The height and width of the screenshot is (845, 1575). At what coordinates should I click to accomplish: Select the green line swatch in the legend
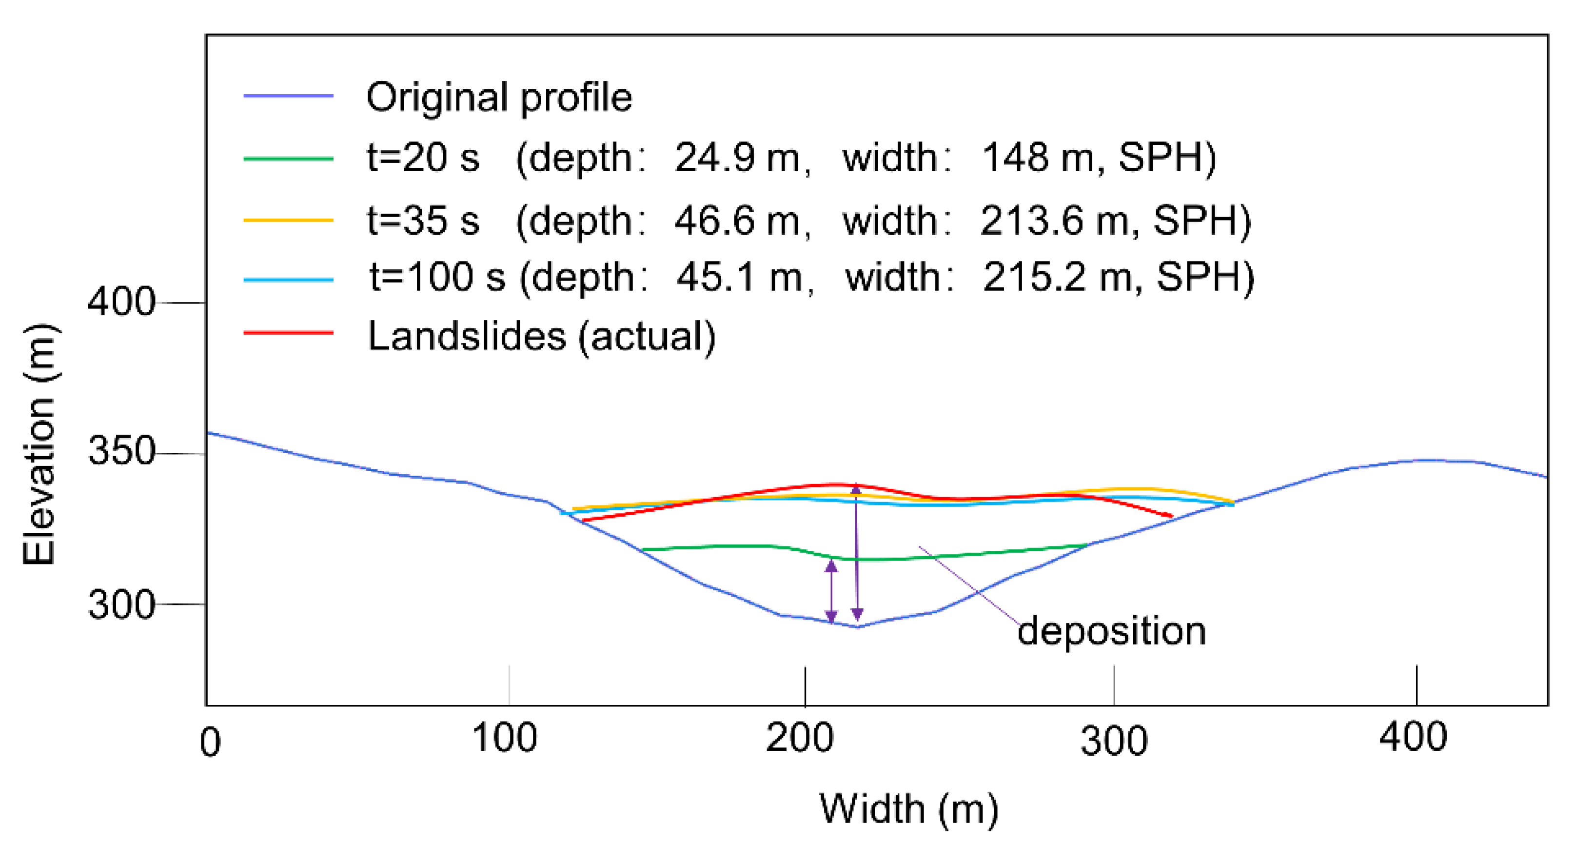point(288,159)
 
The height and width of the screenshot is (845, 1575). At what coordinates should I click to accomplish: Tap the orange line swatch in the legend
point(288,220)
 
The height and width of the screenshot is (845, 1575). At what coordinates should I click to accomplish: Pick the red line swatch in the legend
point(288,333)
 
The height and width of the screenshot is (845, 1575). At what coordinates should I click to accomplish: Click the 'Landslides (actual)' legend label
point(542,337)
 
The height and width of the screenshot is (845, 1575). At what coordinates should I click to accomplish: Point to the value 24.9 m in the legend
point(737,158)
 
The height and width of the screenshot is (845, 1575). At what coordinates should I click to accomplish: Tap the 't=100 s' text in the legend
point(437,277)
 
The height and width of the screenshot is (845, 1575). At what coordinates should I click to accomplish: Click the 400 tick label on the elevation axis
point(121,302)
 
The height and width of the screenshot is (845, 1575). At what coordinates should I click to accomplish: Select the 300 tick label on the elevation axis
point(121,605)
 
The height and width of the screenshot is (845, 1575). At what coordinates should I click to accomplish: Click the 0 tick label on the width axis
point(210,743)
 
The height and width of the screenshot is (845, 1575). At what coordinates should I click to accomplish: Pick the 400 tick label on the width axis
point(1413,737)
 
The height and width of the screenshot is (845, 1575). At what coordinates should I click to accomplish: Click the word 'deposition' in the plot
point(1111,631)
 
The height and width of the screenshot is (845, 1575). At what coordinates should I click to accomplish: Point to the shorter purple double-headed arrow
point(831,592)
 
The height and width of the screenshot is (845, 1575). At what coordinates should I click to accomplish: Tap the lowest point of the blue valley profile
point(857,626)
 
